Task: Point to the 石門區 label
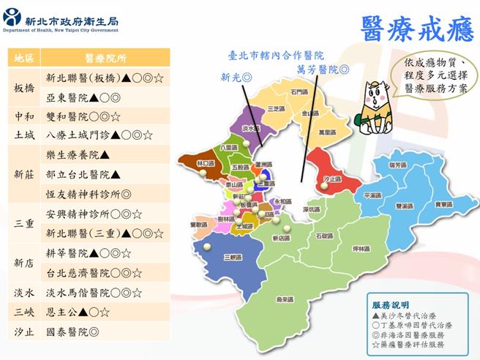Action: click(299, 92)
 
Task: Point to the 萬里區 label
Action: click(326, 132)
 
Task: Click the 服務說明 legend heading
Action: click(391, 304)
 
